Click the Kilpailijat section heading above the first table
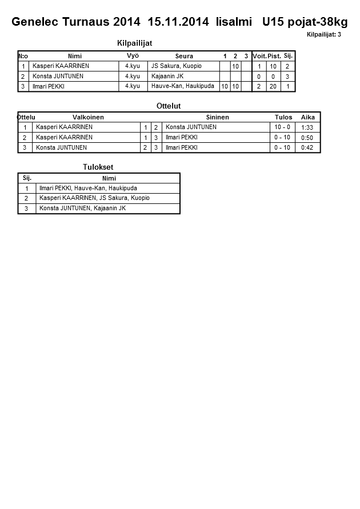coord(134,43)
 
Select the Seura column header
coord(184,56)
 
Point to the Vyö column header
coord(133,55)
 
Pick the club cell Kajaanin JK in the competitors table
coord(167,76)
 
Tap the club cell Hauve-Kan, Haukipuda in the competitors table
coord(183,86)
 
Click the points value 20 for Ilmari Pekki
coord(273,86)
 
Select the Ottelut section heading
coord(168,106)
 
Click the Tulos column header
coord(283,117)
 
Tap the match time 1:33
coord(307,127)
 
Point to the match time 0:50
coord(307,138)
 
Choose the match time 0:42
coord(307,147)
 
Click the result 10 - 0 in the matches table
coord(282,127)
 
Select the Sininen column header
coord(217,117)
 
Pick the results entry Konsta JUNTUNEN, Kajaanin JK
coord(82,209)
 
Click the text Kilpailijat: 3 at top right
coord(324,35)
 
